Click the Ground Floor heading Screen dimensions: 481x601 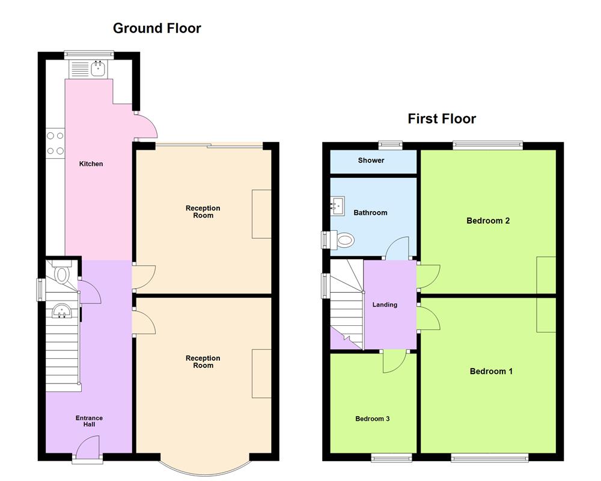pos(157,28)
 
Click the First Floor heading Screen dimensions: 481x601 pos(442,118)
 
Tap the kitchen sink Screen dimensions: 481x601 pos(98,69)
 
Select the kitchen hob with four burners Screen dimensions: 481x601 pos(55,143)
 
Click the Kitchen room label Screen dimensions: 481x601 pos(91,164)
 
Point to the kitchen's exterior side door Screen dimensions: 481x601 pos(147,126)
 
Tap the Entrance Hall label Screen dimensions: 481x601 pos(89,421)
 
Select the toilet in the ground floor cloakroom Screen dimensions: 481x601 pos(62,274)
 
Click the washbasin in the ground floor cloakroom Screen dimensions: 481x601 pos(62,311)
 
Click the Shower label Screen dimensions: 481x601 pos(371,161)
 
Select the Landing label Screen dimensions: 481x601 pos(385,305)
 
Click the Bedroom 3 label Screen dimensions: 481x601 pos(372,418)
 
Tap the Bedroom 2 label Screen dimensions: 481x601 pos(488,221)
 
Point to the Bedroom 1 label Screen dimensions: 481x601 pos(490,371)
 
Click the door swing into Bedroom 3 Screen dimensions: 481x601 pos(394,361)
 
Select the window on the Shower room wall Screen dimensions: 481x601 pos(391,144)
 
